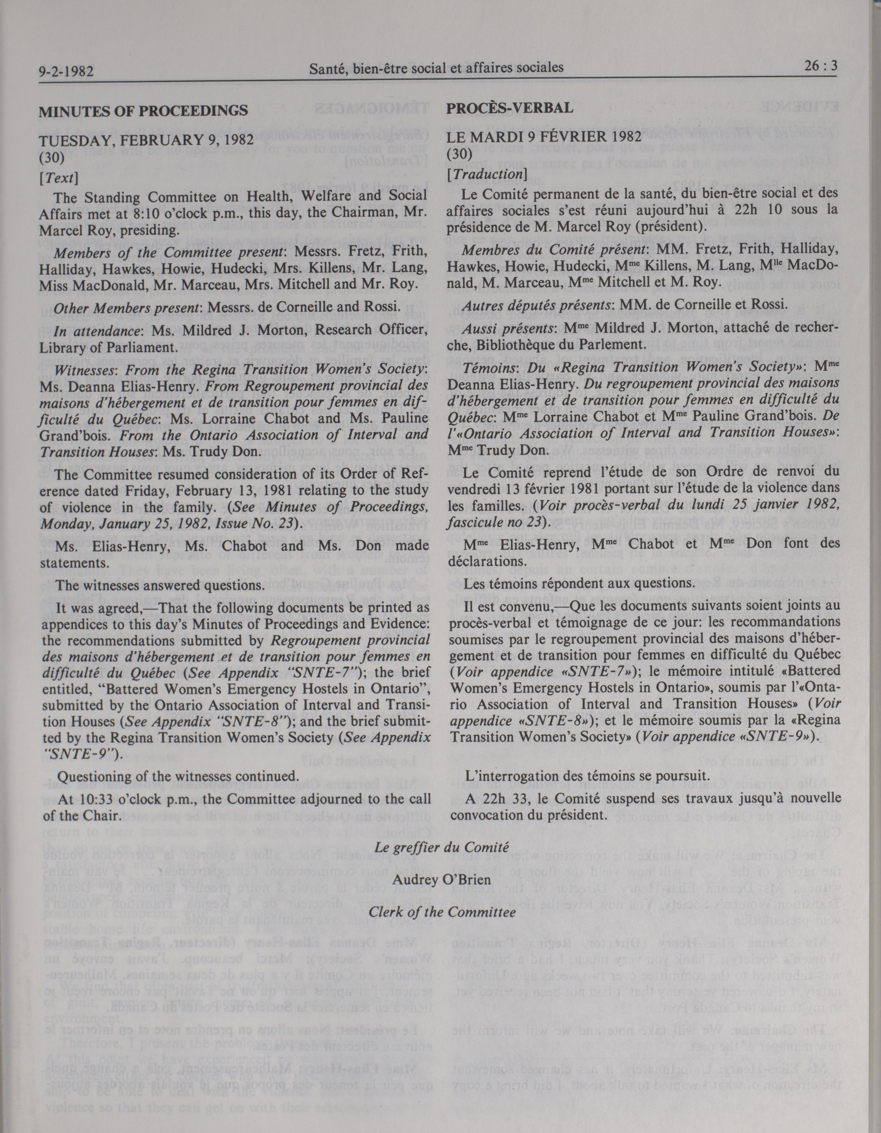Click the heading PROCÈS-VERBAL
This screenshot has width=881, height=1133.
(510, 108)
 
